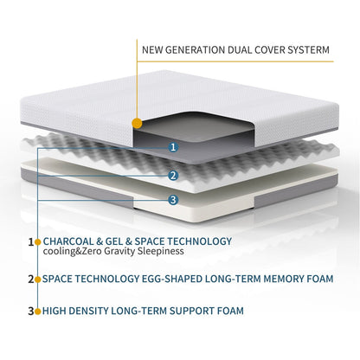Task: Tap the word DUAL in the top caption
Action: tap(224, 49)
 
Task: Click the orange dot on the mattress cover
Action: tap(137, 124)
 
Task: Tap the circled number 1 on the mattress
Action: tap(173, 147)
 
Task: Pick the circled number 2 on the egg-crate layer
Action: tap(173, 176)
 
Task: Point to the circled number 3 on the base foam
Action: tap(173, 200)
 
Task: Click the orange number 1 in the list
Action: tap(31, 241)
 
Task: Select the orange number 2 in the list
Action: tap(31, 279)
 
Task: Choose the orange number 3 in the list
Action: tap(31, 310)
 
